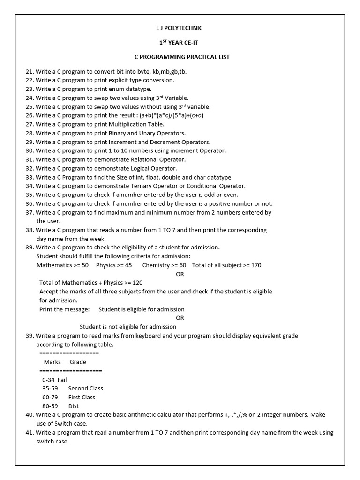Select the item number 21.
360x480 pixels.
(x=30, y=71)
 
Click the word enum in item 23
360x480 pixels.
(x=117, y=89)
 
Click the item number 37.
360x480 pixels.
(x=30, y=212)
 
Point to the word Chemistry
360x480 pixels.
(x=156, y=265)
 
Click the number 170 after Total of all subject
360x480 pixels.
(x=256, y=265)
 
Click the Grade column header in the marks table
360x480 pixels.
(x=78, y=362)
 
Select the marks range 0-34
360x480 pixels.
(x=48, y=380)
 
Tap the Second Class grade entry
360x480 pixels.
(x=85, y=389)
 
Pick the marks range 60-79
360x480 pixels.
(x=50, y=397)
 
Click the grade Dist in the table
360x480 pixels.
(x=74, y=406)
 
